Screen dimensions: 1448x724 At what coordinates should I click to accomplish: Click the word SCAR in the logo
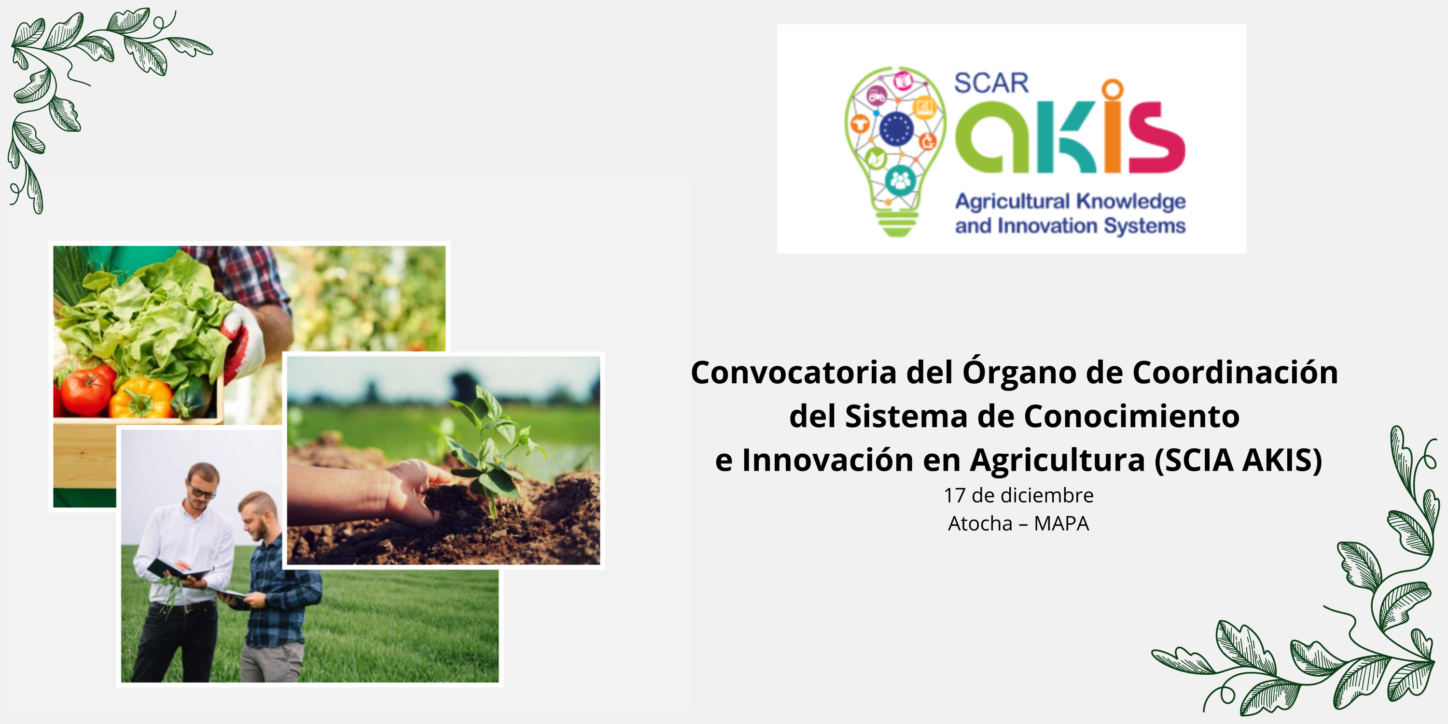(x=991, y=83)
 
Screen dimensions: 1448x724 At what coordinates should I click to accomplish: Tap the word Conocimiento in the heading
(x=1131, y=416)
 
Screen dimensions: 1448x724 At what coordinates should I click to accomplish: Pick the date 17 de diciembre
(x=1018, y=495)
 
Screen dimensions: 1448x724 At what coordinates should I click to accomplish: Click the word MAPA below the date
(x=1061, y=523)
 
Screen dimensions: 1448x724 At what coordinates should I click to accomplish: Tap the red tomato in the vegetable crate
(x=86, y=390)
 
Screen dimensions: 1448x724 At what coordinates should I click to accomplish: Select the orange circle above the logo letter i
(x=1113, y=89)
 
